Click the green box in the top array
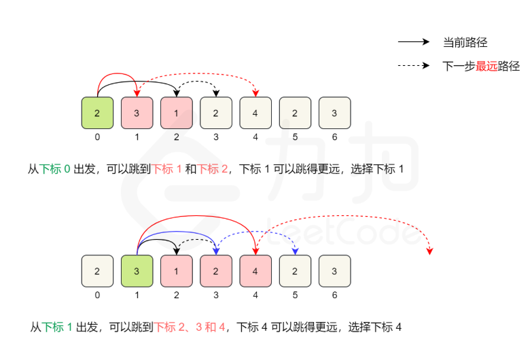[x=97, y=113]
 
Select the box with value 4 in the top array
[x=255, y=113]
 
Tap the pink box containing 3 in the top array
[x=137, y=113]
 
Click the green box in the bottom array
[x=137, y=271]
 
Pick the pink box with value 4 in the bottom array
[x=255, y=271]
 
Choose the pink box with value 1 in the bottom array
[x=176, y=271]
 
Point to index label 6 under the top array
[x=334, y=137]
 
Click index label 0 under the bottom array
[x=97, y=295]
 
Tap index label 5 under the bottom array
[x=295, y=295]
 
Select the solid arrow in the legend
[x=414, y=42]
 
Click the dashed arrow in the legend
[x=414, y=66]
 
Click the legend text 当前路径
[x=465, y=42]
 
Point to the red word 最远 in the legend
[x=486, y=66]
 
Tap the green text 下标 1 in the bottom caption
[x=57, y=327]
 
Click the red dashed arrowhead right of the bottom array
[x=429, y=252]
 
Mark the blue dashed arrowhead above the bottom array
[x=295, y=252]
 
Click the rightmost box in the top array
[x=334, y=113]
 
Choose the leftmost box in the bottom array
[x=97, y=271]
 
